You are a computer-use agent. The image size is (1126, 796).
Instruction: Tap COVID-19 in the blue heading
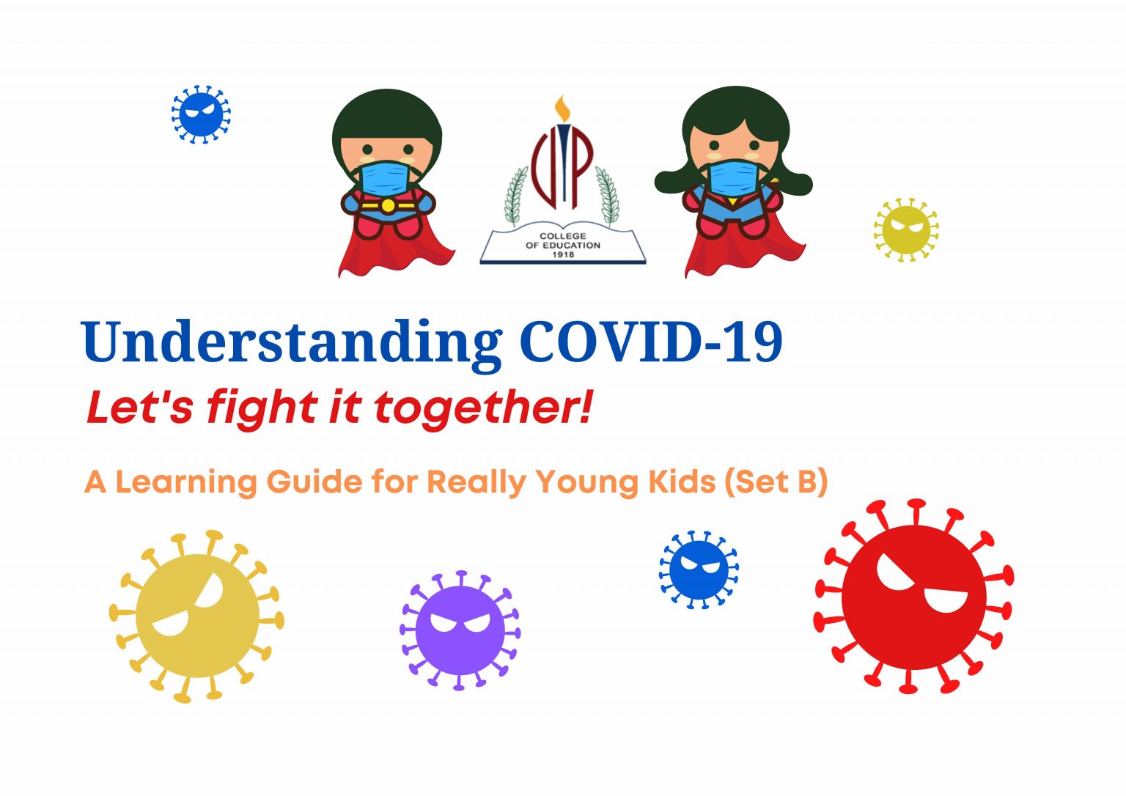[x=651, y=342]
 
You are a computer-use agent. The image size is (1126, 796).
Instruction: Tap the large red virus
[x=913, y=597]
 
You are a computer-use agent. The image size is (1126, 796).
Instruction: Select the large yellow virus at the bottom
[x=196, y=616]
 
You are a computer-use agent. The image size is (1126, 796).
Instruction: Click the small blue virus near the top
[x=201, y=114]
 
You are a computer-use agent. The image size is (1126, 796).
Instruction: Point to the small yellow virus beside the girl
[x=906, y=229]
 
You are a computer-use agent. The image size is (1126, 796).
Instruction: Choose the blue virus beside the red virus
[x=699, y=570]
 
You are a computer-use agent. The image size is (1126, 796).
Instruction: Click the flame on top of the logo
[x=562, y=109]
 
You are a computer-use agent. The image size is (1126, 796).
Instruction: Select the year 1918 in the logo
[x=563, y=254]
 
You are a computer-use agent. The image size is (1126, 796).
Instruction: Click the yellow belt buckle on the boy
[x=388, y=206]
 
